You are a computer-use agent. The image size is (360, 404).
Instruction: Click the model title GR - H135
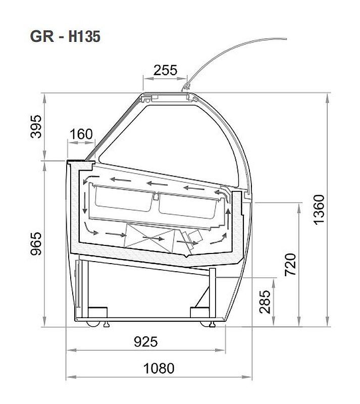[65, 36]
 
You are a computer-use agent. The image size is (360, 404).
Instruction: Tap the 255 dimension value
[166, 70]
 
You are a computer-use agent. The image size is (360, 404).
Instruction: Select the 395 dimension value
[36, 127]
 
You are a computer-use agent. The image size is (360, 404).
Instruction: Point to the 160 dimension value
[81, 134]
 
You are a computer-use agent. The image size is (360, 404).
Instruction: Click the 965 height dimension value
[36, 244]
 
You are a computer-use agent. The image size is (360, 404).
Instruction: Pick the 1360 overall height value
[319, 210]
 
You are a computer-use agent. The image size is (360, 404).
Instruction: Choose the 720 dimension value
[290, 265]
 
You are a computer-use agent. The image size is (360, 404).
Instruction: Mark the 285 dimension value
[265, 302]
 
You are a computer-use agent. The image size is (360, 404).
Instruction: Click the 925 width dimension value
[145, 342]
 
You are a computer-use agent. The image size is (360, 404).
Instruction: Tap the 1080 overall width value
[159, 368]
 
